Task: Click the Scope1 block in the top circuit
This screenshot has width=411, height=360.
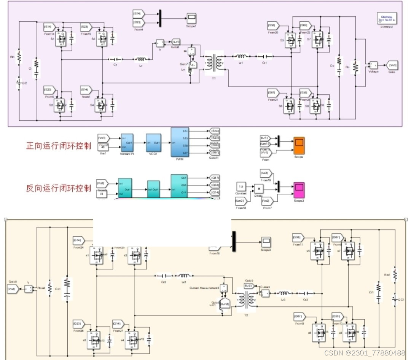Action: point(191,18)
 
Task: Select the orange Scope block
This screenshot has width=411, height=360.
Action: point(299,144)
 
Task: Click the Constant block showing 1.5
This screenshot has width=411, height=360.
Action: point(241,187)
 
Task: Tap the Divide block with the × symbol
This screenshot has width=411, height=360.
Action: point(259,188)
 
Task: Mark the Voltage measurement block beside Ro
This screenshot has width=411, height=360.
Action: point(372,65)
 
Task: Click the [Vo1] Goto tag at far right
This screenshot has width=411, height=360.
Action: point(392,65)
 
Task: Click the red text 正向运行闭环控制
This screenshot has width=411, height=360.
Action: point(58,146)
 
